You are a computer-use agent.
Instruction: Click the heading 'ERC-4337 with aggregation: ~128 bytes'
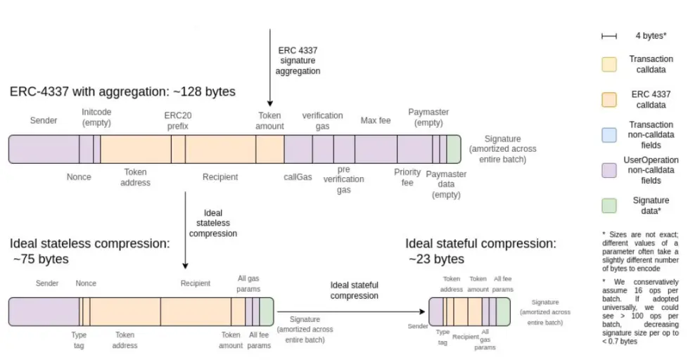point(122,91)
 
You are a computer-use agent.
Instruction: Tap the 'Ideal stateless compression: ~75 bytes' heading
point(89,251)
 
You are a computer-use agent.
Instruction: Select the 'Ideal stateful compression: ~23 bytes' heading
point(480,251)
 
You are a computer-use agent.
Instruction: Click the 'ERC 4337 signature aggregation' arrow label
point(298,60)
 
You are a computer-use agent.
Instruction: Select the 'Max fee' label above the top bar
point(375,121)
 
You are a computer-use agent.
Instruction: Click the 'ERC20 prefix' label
point(176,120)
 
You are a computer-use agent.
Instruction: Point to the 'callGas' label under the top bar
point(298,176)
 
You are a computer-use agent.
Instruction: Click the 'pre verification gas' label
point(343,179)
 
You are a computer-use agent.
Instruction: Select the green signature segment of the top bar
point(454,149)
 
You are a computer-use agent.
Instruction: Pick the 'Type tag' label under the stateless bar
point(79,340)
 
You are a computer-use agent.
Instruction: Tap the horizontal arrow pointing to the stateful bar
point(352,310)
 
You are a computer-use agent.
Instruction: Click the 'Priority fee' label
point(407,176)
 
